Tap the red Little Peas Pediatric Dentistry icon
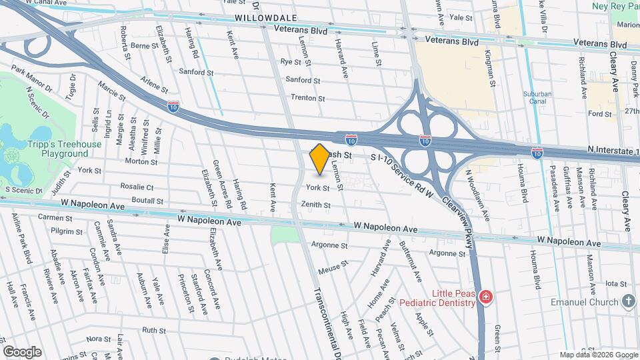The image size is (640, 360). [x=486, y=297]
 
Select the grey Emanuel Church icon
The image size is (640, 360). [x=628, y=302]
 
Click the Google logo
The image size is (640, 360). [x=22, y=351]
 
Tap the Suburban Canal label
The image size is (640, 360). [x=537, y=98]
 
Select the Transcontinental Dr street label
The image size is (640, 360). [x=323, y=313]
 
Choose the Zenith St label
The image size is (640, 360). [x=317, y=205]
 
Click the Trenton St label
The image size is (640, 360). [x=307, y=98]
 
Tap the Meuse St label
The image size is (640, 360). [x=333, y=268]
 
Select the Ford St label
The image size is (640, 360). [x=600, y=114]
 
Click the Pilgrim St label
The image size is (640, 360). [x=69, y=231]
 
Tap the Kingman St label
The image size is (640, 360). [x=490, y=69]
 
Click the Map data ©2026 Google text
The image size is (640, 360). [x=598, y=355]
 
